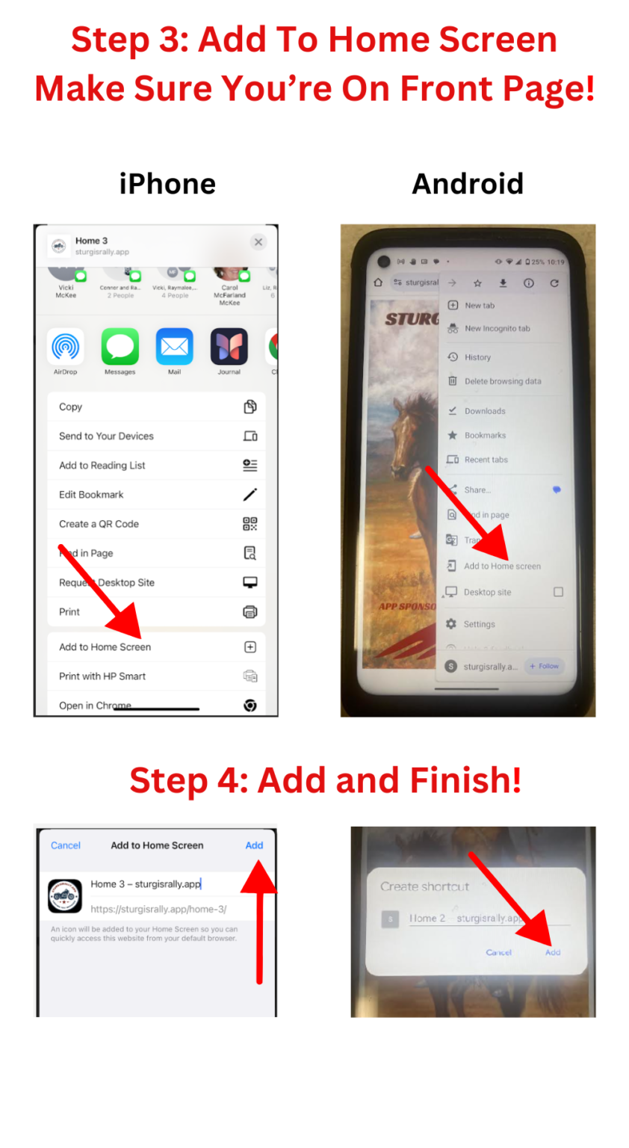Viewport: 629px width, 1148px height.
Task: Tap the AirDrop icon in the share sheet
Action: click(x=66, y=347)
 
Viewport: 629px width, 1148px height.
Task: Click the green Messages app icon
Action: click(x=120, y=347)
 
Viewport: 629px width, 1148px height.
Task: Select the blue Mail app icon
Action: click(x=174, y=347)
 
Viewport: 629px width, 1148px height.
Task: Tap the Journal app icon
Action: click(x=229, y=347)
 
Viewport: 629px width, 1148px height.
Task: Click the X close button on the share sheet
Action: click(x=258, y=242)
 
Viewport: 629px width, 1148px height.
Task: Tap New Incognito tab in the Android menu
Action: click(x=497, y=328)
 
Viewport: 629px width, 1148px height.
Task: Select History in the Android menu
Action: click(x=477, y=357)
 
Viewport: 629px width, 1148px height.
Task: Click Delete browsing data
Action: click(x=503, y=381)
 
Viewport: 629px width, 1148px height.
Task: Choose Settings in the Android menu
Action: click(x=479, y=624)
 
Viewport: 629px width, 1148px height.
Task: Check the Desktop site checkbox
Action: click(x=558, y=592)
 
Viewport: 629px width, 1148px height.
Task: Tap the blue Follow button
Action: click(x=545, y=666)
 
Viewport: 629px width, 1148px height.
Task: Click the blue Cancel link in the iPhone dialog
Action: click(x=66, y=845)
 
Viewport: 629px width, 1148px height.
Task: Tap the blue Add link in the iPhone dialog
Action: click(x=254, y=845)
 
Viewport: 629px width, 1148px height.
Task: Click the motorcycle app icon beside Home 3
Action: click(x=65, y=895)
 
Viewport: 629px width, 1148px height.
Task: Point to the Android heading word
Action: click(x=468, y=184)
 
